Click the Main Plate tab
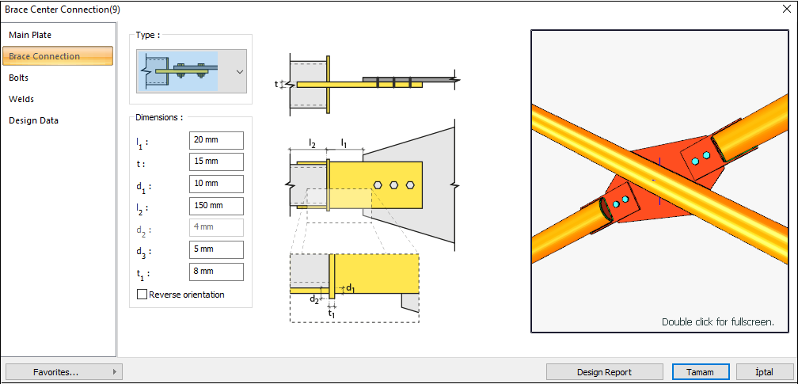click(30, 35)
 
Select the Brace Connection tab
click(44, 56)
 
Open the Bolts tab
click(19, 78)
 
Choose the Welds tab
click(21, 99)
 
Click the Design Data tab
click(33, 120)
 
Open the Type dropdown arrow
click(239, 71)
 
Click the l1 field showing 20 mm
click(216, 139)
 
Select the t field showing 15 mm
click(216, 162)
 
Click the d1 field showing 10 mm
click(216, 184)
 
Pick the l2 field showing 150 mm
click(216, 206)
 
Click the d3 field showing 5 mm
click(216, 250)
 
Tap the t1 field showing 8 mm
click(216, 272)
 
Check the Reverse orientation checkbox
click(142, 295)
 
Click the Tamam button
click(699, 371)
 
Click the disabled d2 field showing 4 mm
click(216, 228)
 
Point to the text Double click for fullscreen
click(717, 322)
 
